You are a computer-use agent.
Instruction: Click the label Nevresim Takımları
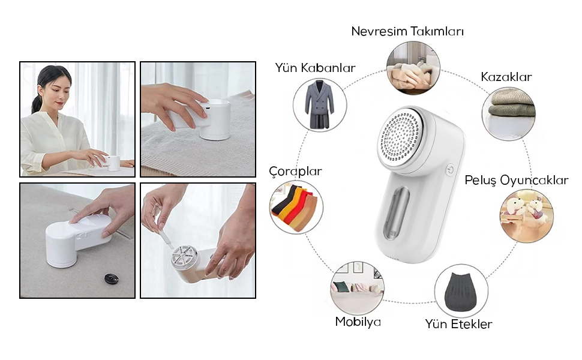[407, 31]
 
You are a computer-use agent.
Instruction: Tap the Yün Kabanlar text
[315, 68]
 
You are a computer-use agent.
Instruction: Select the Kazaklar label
[506, 77]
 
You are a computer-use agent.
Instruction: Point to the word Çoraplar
[295, 172]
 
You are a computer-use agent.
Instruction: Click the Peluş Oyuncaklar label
[517, 181]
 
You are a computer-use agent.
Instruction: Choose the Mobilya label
[358, 322]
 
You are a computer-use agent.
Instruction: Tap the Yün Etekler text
[458, 324]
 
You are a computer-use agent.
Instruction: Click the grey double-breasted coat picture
[319, 105]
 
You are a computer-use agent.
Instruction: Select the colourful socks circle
[296, 207]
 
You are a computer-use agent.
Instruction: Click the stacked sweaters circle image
[509, 114]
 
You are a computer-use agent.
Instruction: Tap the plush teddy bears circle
[526, 216]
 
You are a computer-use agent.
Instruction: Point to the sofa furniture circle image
[357, 289]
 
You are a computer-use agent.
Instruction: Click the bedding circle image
[413, 68]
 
